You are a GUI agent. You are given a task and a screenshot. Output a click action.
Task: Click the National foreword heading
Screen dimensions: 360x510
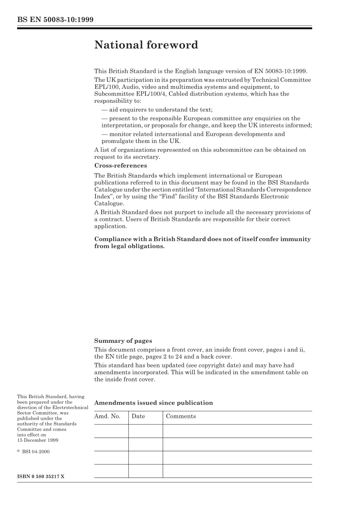pos(146,45)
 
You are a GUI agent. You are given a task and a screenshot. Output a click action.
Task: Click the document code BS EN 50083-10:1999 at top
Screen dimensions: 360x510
pos(55,20)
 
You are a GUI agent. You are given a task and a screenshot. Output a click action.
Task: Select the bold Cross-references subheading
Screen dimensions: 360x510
pos(121,166)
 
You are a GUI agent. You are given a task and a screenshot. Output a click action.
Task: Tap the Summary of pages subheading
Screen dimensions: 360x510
pos(123,341)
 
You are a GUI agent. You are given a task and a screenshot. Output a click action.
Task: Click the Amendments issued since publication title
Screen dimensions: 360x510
pos(153,403)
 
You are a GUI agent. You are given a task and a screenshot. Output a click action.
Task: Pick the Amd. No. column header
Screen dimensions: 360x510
pos(107,416)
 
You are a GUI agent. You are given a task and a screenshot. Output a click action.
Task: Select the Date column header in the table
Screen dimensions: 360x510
pos(138,416)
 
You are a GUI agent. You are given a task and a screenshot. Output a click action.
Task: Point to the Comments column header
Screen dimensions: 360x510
pos(181,416)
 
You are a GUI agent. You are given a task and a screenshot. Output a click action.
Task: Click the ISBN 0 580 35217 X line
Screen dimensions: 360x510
pos(41,476)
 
